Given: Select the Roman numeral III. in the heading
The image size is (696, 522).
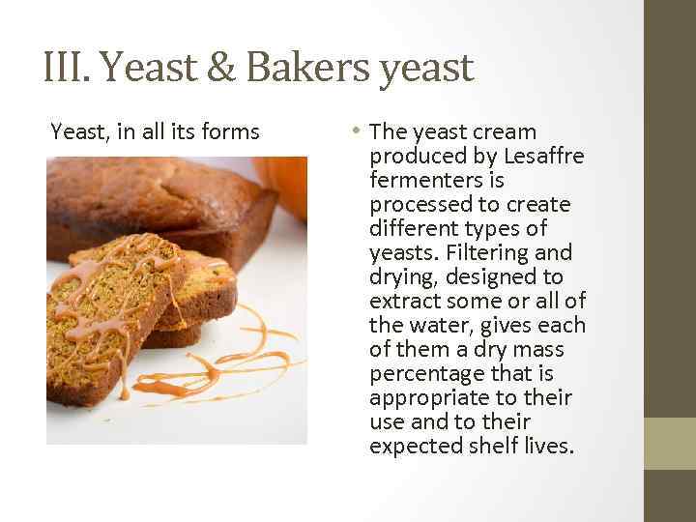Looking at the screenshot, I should (67, 68).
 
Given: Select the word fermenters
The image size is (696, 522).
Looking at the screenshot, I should (423, 180).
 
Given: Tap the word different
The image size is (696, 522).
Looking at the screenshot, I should (416, 228).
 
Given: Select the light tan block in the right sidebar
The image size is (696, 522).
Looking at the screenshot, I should (670, 444).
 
